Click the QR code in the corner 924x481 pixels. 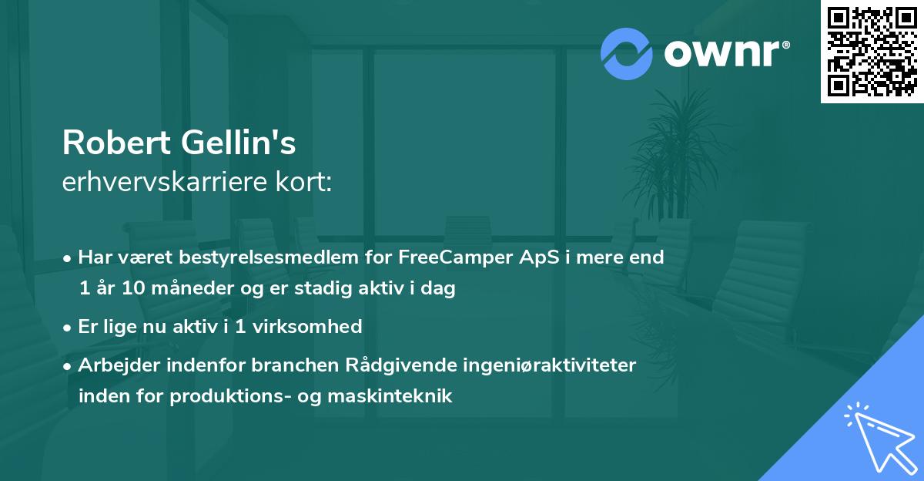click(x=872, y=52)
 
